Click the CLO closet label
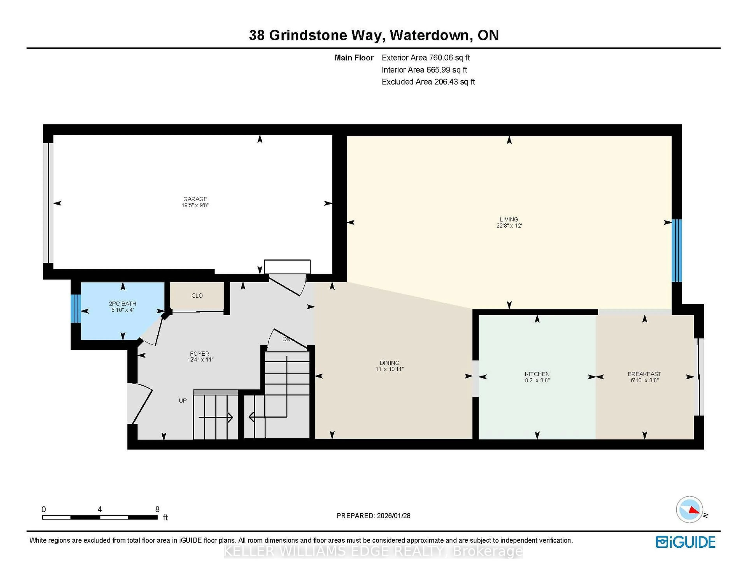[197, 295]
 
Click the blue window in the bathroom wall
[76, 308]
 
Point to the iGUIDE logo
[686, 542]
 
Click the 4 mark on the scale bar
[100, 509]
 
